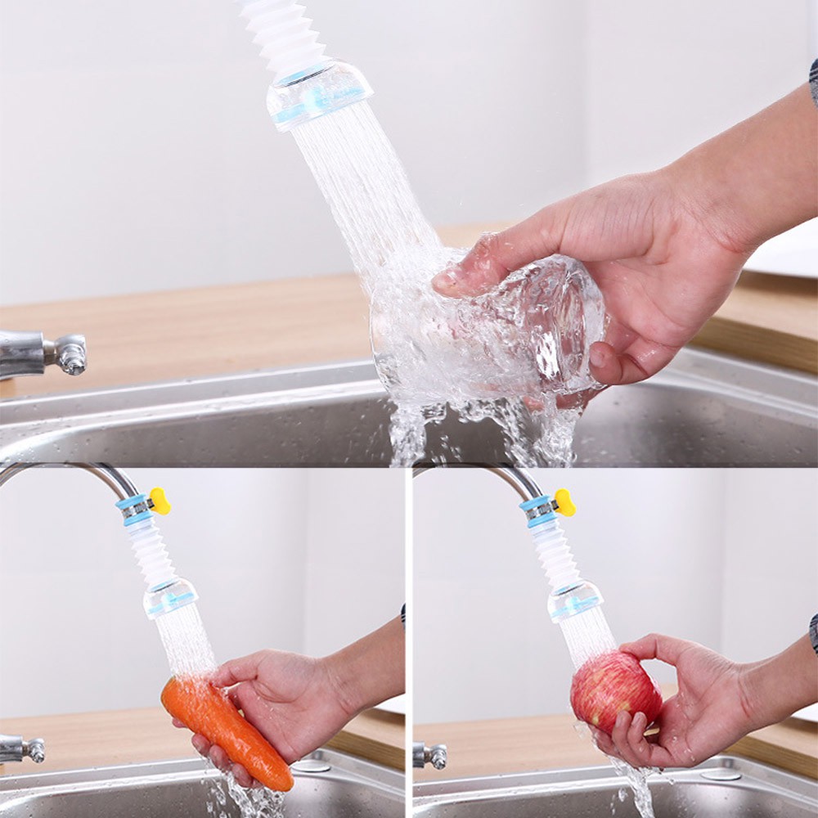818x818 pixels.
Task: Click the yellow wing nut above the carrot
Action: click(x=160, y=501)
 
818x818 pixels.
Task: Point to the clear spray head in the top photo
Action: click(x=319, y=94)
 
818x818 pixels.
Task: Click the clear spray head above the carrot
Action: click(x=170, y=597)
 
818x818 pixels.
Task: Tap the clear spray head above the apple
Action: click(x=575, y=601)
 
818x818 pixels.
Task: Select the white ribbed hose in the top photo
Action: click(x=282, y=33)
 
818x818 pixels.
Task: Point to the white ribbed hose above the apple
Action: click(x=557, y=552)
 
